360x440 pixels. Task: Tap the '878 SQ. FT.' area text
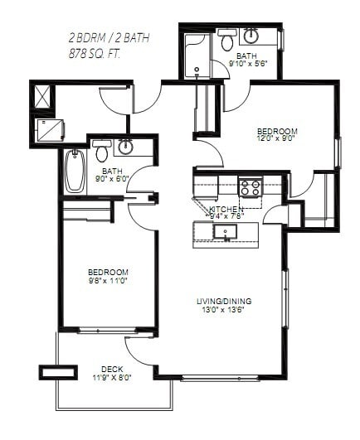pos(98,52)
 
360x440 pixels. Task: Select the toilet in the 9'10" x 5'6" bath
pos(226,41)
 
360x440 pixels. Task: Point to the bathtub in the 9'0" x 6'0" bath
pos(75,170)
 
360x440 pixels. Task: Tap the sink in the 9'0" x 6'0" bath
pos(125,147)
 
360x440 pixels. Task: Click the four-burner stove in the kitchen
pos(250,187)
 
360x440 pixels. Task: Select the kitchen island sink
pos(225,231)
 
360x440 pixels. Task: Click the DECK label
pos(112,369)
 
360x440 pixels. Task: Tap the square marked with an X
pos(41,96)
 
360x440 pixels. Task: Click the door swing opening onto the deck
pos(136,349)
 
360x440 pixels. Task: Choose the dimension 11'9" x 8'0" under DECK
pos(112,379)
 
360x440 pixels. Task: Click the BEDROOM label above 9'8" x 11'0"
pos(109,272)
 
